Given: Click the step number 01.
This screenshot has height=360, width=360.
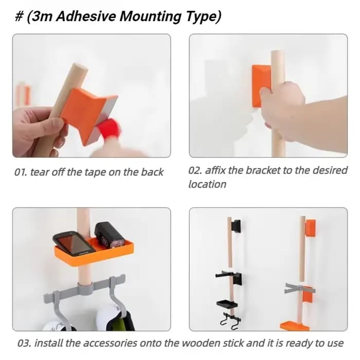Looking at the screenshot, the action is click(x=21, y=172).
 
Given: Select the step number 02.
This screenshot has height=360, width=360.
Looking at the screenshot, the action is click(x=195, y=170).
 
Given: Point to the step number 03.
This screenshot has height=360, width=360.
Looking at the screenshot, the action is click(x=24, y=343).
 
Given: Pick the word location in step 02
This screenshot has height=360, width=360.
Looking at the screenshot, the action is click(x=207, y=184).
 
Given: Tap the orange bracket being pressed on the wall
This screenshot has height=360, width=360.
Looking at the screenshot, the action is click(x=261, y=85).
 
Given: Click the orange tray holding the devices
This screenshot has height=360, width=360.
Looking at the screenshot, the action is click(x=94, y=252).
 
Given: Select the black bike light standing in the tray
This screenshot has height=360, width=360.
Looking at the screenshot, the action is click(x=109, y=235).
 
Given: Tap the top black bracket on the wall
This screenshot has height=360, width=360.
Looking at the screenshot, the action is click(x=236, y=226).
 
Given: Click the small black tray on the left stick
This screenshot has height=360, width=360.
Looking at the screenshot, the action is click(x=227, y=304).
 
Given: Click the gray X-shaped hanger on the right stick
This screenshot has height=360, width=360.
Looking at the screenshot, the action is click(x=298, y=289).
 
